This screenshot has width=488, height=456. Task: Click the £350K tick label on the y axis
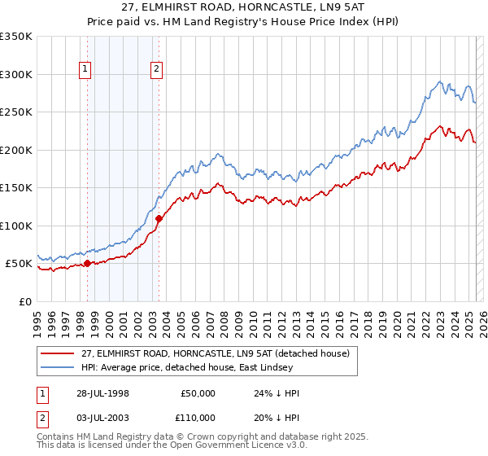16,37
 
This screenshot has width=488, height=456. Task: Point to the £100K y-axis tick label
16,226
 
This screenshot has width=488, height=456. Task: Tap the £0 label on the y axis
24,301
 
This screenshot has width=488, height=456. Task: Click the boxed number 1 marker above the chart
86,70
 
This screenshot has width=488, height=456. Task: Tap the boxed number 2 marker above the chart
155,70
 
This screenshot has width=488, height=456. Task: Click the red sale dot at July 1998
87,263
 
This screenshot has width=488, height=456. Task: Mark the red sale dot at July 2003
159,218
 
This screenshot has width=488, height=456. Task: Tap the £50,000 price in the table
198,392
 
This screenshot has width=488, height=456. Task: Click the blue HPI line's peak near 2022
440,81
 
